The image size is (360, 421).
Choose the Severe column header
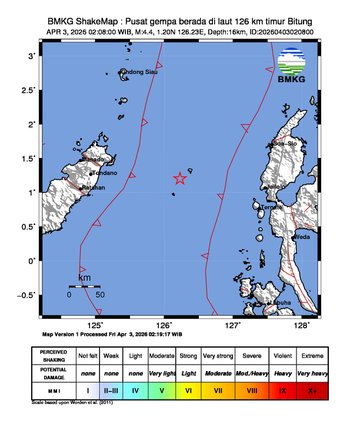click(x=258, y=354)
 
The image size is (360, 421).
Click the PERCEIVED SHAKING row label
click(x=56, y=354)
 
